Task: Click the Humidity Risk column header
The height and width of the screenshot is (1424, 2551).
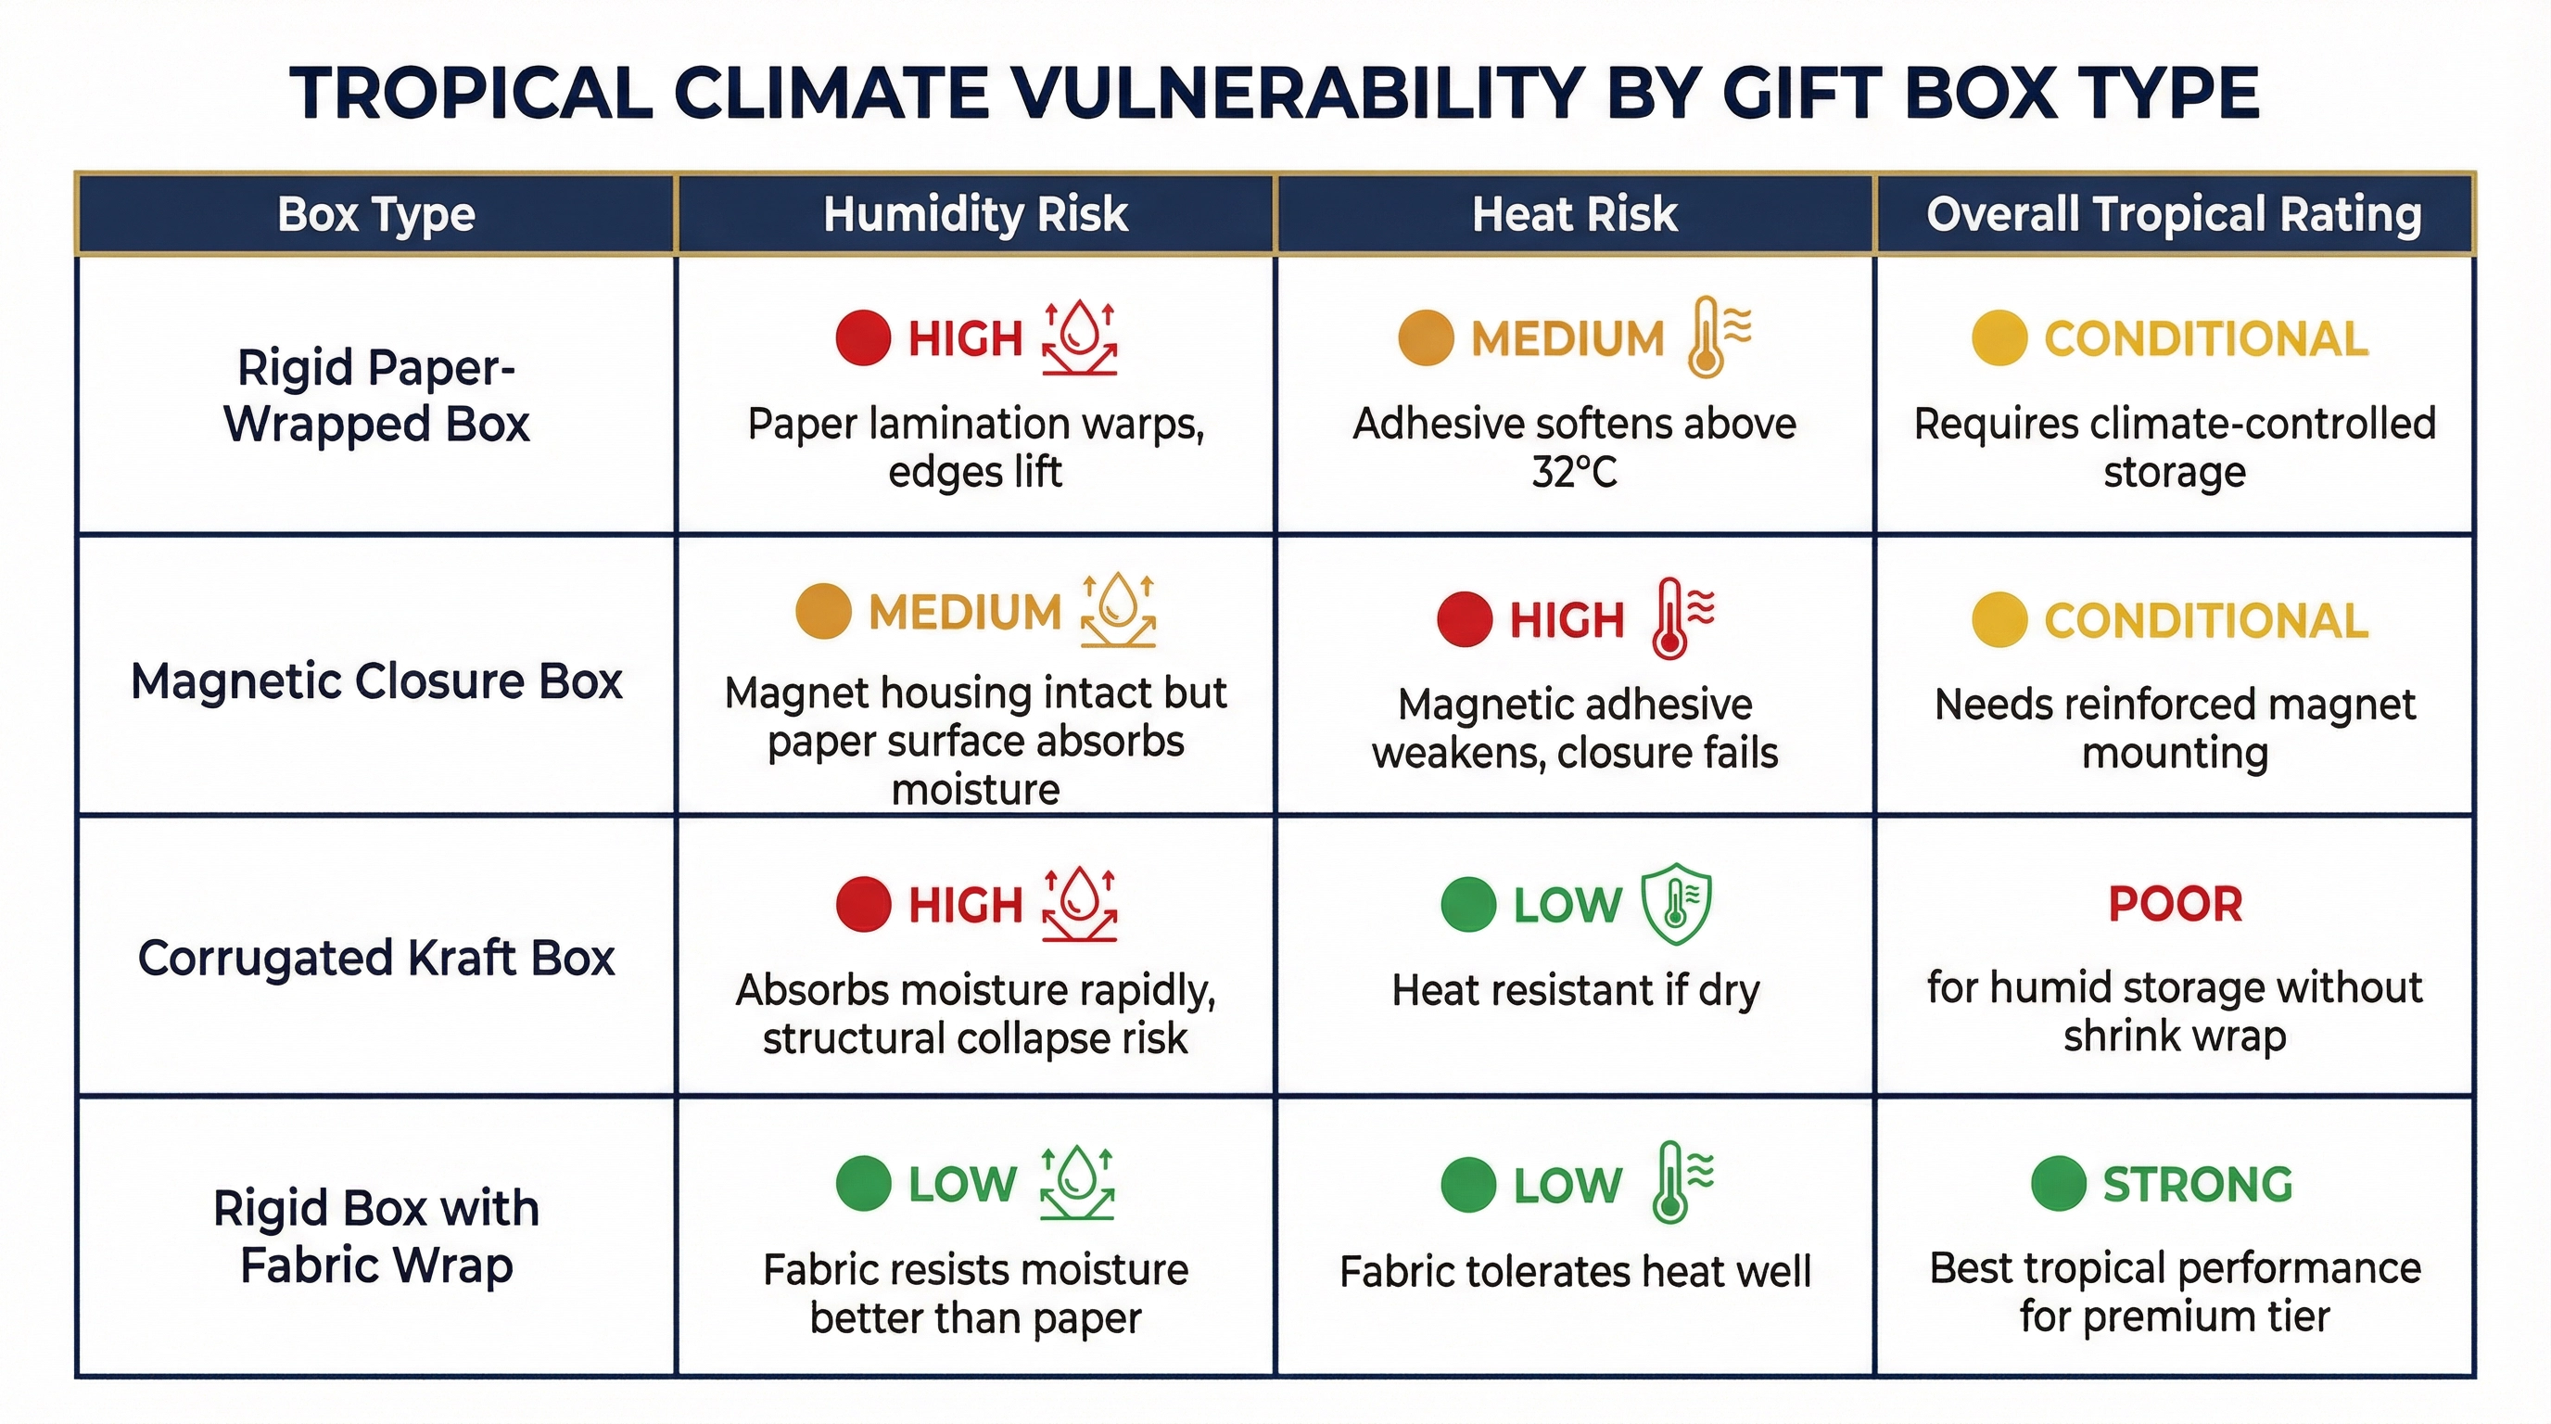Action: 975,214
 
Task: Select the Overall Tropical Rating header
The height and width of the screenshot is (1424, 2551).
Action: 2174,214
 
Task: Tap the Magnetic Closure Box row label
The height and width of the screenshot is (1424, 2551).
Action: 376,681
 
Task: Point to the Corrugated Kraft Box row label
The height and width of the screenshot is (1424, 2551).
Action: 376,958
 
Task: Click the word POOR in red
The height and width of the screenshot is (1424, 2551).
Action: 2175,903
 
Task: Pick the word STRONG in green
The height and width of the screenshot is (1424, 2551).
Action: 2198,1185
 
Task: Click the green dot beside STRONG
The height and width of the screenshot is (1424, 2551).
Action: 2058,1183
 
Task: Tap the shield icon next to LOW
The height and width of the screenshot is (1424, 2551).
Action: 1676,903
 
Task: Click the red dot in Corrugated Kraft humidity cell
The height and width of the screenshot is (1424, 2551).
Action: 863,904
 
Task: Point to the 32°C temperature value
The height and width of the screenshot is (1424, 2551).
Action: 1574,473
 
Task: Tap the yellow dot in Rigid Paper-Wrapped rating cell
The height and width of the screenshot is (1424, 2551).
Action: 1999,337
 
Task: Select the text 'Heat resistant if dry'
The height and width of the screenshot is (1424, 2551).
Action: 1575,990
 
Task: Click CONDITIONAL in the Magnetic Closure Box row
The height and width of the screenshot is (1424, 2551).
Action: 2206,621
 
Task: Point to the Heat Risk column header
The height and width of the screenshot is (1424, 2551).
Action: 1574,214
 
